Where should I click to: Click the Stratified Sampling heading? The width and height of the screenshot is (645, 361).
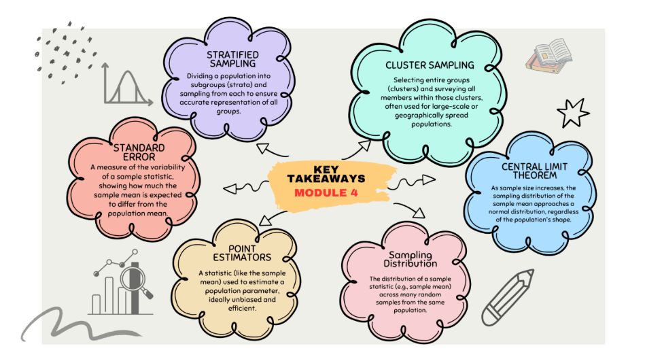pos(233,59)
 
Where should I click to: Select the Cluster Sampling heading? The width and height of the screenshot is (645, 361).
pos(430,65)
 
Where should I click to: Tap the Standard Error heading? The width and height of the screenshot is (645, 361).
pos(139,152)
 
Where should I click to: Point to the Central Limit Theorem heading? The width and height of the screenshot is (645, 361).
pos(534,171)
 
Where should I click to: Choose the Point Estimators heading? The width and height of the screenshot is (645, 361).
pos(242,253)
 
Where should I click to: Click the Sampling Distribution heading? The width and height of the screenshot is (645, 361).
pos(410,259)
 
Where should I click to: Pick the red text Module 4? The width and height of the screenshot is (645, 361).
pos(326,192)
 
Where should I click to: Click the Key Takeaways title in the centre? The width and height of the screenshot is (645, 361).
pos(326,174)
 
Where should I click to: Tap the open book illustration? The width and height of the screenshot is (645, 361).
pos(548,56)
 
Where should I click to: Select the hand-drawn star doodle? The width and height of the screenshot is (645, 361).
pos(572,112)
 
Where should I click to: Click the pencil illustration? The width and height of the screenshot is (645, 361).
pos(507,297)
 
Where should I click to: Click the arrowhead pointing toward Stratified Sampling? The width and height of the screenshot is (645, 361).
pos(263,148)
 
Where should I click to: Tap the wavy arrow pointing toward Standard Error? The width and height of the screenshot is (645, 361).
pos(245,188)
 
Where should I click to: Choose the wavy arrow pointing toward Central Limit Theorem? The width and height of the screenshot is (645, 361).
pos(411,182)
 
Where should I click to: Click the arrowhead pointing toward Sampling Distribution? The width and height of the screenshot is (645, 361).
pos(419,213)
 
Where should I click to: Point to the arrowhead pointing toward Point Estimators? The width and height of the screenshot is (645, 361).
pos(265,220)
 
